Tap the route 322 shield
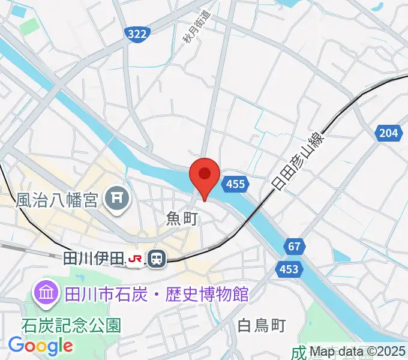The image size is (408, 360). tap(137, 35)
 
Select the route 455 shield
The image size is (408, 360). tap(235, 184)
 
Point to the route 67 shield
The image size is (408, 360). tap(293, 247)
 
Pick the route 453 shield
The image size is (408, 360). tap(289, 270)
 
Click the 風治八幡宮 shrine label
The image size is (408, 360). tap(56, 199)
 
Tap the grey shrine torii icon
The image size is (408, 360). tap(118, 198)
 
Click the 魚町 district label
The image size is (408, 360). tap(182, 219)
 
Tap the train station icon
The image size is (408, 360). tap(157, 259)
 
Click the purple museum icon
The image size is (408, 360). tap(46, 293)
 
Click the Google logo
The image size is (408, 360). tap(40, 346)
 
